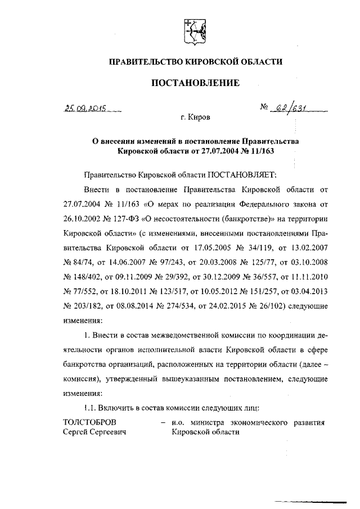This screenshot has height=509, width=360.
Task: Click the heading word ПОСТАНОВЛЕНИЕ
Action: click(x=195, y=83)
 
